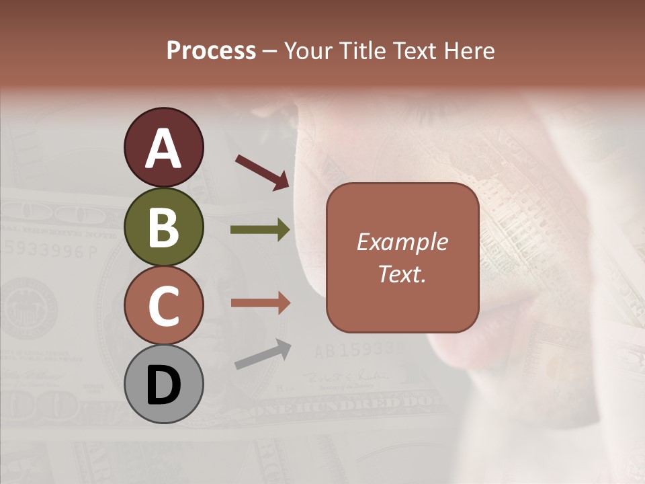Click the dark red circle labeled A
(x=163, y=147)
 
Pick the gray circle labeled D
(x=163, y=384)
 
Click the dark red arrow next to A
(x=262, y=172)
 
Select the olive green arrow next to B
(x=260, y=230)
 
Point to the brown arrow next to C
(x=260, y=303)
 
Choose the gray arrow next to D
(x=263, y=354)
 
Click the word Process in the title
(x=211, y=51)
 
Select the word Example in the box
(x=402, y=242)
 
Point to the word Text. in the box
(x=402, y=274)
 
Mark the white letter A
(x=163, y=149)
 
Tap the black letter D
(x=163, y=385)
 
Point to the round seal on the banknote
(x=28, y=307)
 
